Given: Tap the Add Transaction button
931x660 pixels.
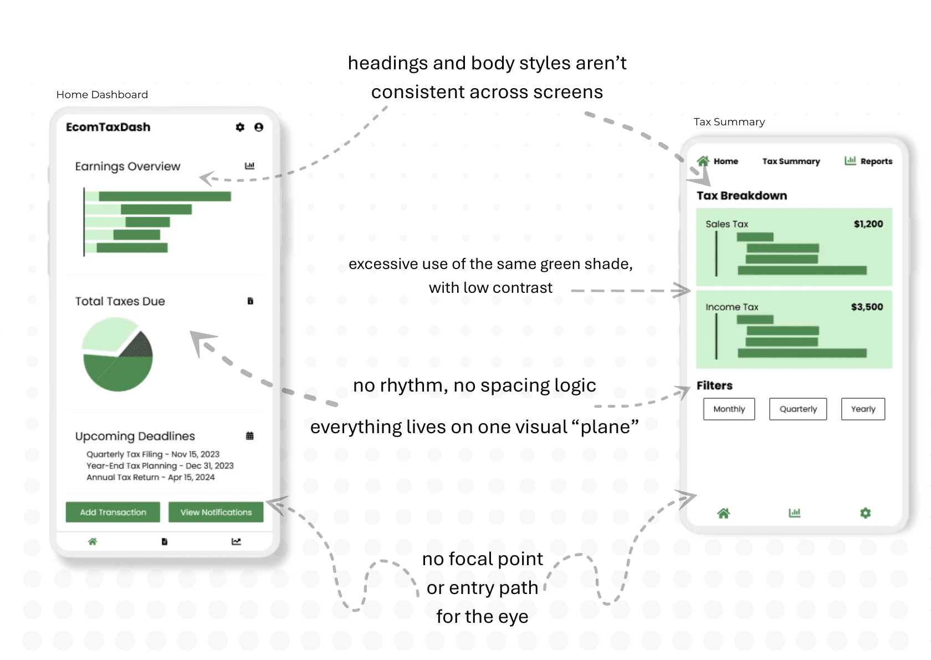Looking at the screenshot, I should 113,512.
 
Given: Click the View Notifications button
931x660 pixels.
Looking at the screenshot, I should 216,512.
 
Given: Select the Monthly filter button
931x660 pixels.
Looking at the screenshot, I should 729,409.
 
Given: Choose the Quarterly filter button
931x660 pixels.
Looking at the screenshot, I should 798,409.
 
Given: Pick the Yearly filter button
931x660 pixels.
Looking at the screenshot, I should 863,409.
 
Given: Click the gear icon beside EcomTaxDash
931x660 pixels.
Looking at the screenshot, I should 240,127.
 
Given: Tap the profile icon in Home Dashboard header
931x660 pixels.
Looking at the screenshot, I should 259,127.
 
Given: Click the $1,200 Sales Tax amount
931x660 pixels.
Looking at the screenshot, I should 868,224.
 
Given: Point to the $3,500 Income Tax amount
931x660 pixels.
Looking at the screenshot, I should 867,307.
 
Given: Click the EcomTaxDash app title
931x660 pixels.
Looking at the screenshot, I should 108,127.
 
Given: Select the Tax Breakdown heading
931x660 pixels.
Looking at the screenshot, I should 741,195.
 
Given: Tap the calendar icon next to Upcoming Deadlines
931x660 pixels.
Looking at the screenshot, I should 250,436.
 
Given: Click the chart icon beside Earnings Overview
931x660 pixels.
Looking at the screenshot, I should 250,166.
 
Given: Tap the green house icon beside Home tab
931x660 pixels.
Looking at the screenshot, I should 703,161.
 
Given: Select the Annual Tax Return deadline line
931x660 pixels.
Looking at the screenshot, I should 150,477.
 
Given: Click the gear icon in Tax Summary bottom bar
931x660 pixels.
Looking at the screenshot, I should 865,513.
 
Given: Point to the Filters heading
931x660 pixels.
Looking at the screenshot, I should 714,385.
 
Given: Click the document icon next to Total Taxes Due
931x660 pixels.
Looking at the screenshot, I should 250,301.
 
